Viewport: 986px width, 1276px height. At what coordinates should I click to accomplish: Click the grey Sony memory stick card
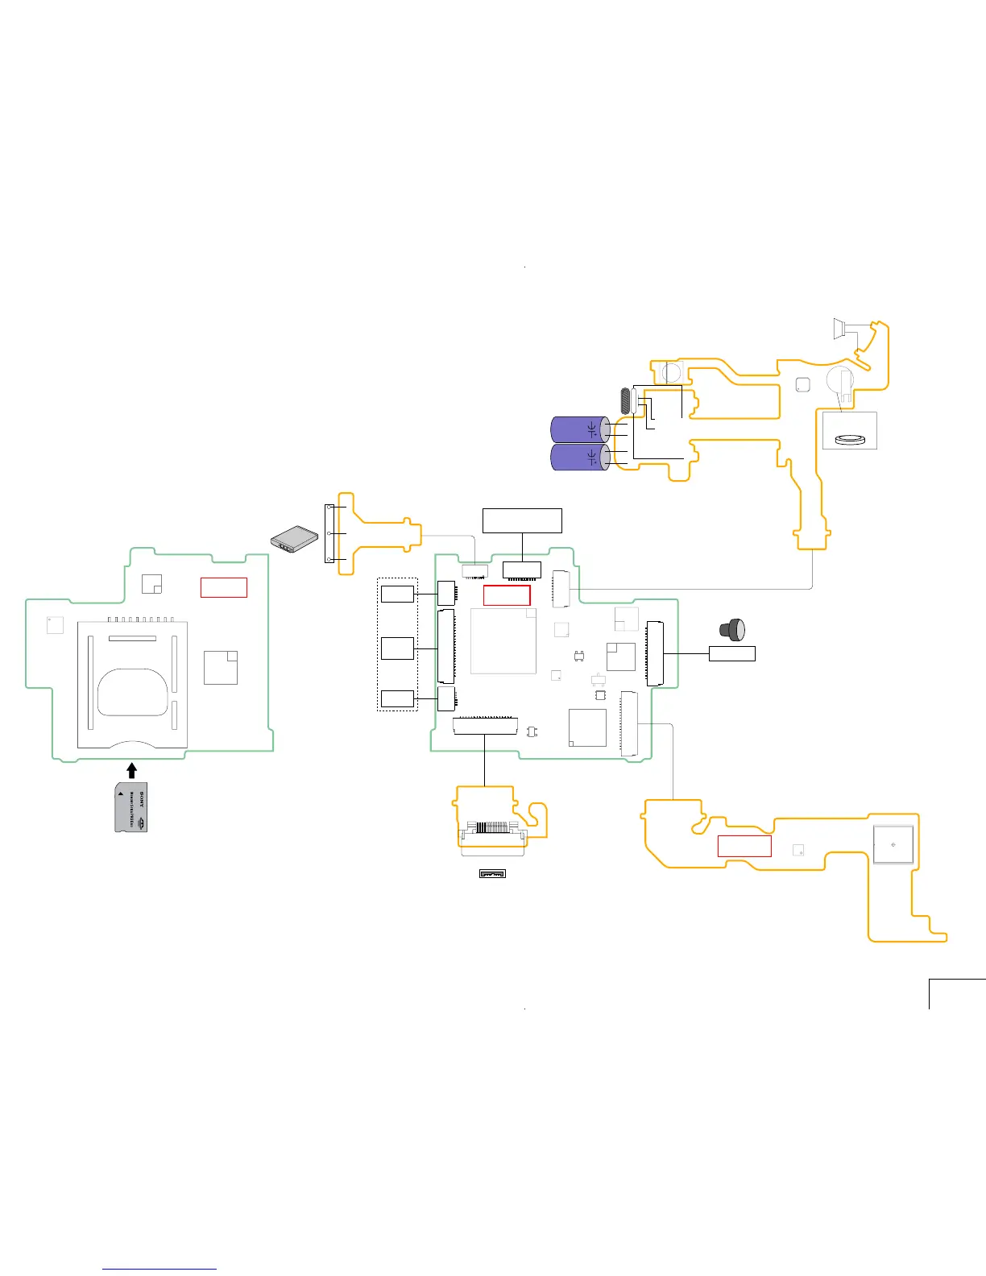point(130,807)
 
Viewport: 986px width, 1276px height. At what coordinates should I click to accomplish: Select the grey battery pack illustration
point(293,539)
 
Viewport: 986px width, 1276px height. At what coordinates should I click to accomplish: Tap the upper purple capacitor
point(579,429)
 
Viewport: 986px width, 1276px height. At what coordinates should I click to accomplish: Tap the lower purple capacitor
point(579,458)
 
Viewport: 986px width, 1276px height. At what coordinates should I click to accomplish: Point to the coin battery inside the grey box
point(849,439)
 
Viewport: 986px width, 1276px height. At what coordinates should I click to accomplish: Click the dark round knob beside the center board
point(733,629)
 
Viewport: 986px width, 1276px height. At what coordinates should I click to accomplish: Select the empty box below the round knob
point(731,653)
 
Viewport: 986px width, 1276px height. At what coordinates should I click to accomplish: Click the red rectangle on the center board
point(507,595)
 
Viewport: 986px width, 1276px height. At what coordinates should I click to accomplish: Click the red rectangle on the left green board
point(223,587)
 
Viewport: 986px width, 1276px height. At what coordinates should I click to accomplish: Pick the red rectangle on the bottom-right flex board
point(744,846)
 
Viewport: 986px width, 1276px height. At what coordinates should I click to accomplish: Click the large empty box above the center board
point(522,520)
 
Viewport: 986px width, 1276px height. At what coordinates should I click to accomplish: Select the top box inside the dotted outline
point(397,594)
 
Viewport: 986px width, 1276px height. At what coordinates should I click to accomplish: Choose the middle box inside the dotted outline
point(397,648)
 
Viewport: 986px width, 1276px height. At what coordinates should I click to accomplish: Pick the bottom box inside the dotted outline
point(397,698)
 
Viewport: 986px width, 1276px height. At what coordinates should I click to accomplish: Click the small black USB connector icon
point(492,873)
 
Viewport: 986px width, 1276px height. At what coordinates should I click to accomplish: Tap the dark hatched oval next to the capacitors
point(624,401)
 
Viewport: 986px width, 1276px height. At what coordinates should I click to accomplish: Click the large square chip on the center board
point(503,640)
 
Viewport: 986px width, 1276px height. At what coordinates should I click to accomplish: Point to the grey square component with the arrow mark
point(893,845)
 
